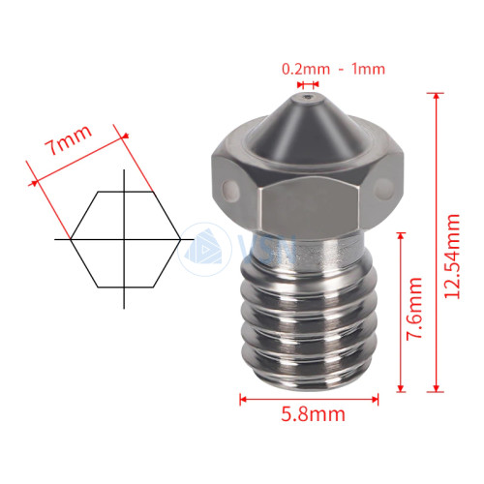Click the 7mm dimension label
[x=68, y=139]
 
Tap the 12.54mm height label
[x=452, y=257]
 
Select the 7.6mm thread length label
[x=414, y=309]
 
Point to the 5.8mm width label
[x=313, y=414]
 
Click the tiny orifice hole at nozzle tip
[x=308, y=97]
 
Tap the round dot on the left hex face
[x=231, y=190]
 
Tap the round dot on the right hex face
[x=384, y=188]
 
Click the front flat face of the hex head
[x=310, y=207]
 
